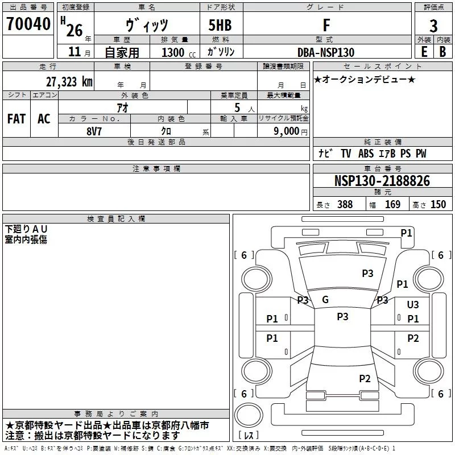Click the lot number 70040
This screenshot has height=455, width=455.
pos(28,23)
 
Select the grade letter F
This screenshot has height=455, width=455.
pos(326,25)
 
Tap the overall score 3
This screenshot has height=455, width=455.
pos(433,26)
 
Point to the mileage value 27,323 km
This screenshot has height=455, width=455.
pos(69,82)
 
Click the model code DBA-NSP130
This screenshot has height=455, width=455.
pos(326,52)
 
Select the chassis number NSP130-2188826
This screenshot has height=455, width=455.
pos(382,181)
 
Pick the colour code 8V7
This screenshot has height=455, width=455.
pos(94,131)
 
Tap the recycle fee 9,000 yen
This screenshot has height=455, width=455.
pos(291,131)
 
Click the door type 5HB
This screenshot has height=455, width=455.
pos(220,25)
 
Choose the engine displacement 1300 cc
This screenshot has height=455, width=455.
pos(179,52)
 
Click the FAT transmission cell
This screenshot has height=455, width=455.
pos(16,119)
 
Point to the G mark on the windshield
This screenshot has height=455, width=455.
pos(325,300)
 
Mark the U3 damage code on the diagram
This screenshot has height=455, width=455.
pos(413,304)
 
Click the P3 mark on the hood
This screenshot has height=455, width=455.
pos(367,273)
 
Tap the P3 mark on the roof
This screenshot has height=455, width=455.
pos(342,316)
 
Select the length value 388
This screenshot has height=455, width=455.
pos(345,204)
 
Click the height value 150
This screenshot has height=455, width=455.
pos(438,204)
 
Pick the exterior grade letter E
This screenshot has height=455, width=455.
pos(424,52)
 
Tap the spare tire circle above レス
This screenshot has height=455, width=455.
pos(249,415)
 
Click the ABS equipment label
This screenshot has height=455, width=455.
pos(366,154)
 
